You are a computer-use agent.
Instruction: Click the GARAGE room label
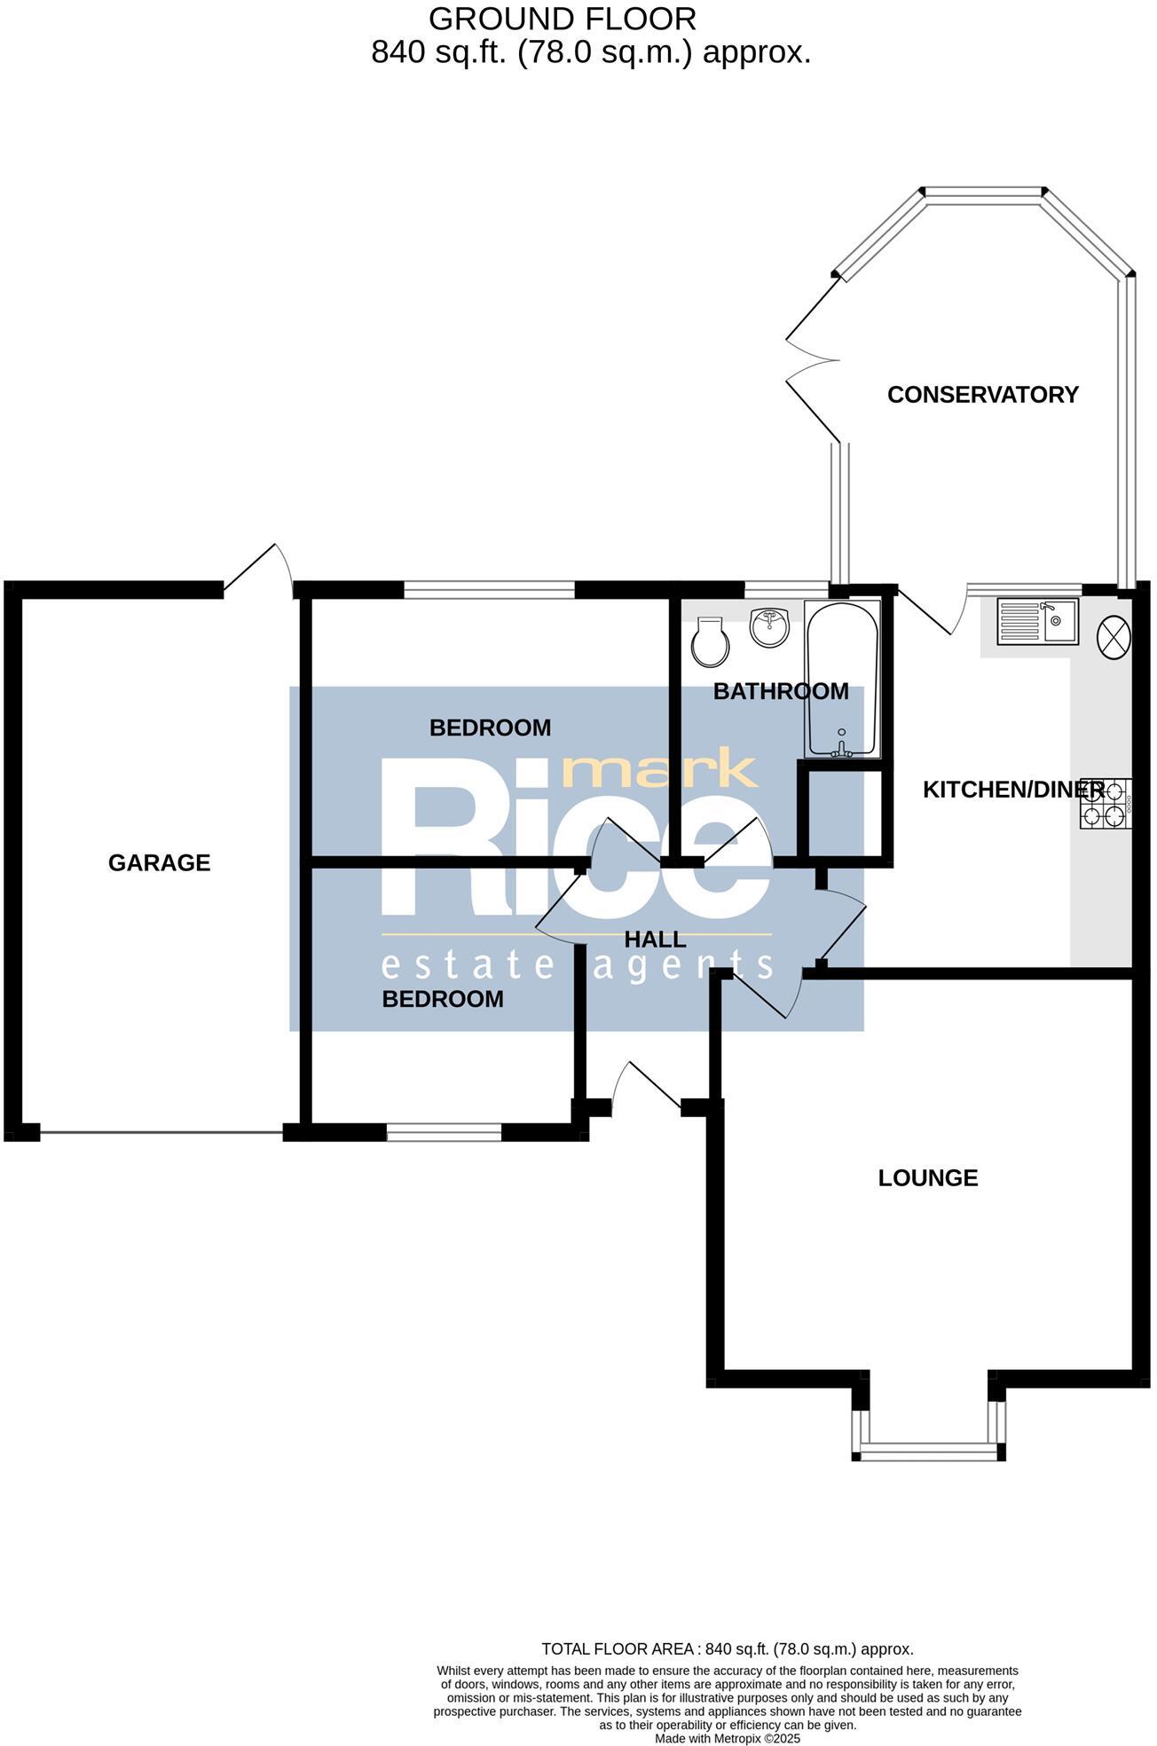coord(159,862)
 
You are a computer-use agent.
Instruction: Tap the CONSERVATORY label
coord(982,395)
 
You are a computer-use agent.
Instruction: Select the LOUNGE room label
coord(927,1178)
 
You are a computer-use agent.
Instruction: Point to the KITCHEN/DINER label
coord(1012,790)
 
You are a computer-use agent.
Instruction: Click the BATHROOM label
coord(781,691)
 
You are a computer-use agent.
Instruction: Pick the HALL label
coord(655,940)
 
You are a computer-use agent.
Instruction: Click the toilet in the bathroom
coord(712,642)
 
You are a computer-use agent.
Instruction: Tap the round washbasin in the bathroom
coord(769,628)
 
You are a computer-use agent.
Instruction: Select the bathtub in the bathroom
coord(842,680)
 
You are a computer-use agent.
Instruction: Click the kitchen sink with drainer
coord(1037,621)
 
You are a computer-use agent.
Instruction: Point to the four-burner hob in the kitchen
coord(1106,804)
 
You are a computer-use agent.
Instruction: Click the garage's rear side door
coord(260,569)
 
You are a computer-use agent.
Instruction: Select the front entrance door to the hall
coord(647,1086)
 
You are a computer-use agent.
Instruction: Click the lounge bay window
coord(928,1451)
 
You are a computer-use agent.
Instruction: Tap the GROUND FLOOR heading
coord(562,19)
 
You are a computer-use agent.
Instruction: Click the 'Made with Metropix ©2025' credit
coord(727,1739)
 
